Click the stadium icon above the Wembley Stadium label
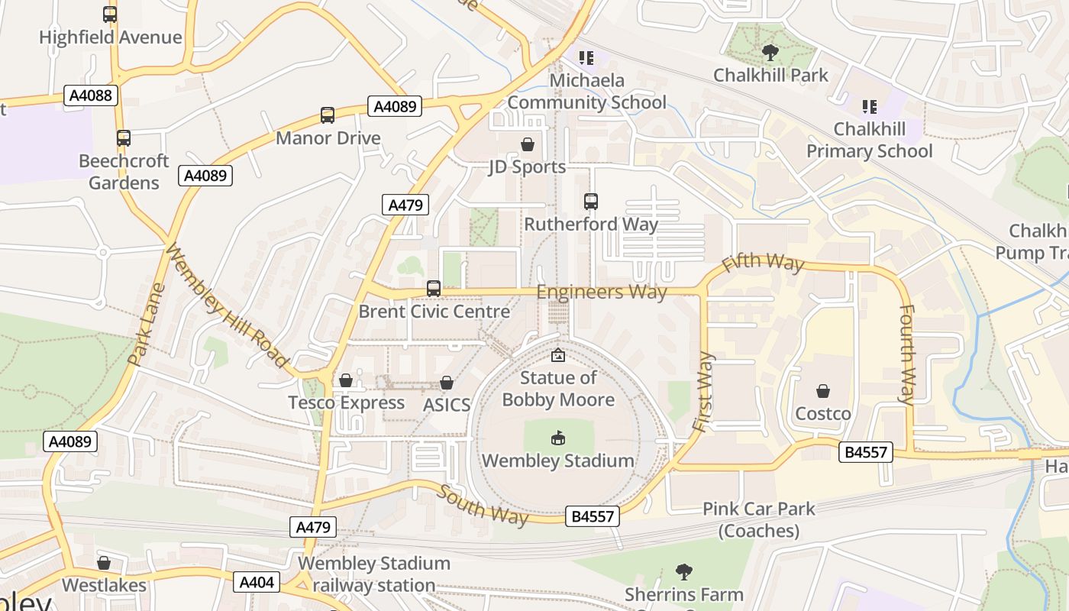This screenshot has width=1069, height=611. coord(558,438)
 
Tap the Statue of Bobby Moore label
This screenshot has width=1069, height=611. coord(558,389)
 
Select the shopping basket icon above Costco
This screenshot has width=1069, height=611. coord(823,391)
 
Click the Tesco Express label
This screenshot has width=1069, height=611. coord(346,402)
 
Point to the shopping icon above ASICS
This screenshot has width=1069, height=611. coord(447,383)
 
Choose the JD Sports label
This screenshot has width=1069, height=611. coord(527,166)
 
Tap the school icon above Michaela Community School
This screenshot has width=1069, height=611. coord(586,57)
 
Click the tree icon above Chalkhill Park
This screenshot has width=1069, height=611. coord(770,53)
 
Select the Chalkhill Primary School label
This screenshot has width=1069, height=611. coord(869,140)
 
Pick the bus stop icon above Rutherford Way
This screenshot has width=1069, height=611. coord(590,202)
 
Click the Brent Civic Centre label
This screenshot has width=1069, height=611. coord(434,312)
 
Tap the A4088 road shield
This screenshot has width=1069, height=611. coord(91,95)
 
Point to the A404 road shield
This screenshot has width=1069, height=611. coord(256,582)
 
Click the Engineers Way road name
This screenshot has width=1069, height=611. coord(602,292)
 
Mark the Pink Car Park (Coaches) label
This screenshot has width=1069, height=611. coord(758,519)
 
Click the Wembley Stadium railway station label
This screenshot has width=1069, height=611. coord(373,574)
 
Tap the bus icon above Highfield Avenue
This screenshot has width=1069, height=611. coord(110,15)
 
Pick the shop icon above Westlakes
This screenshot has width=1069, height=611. coord(104,563)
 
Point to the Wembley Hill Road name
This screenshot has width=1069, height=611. coord(227,305)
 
